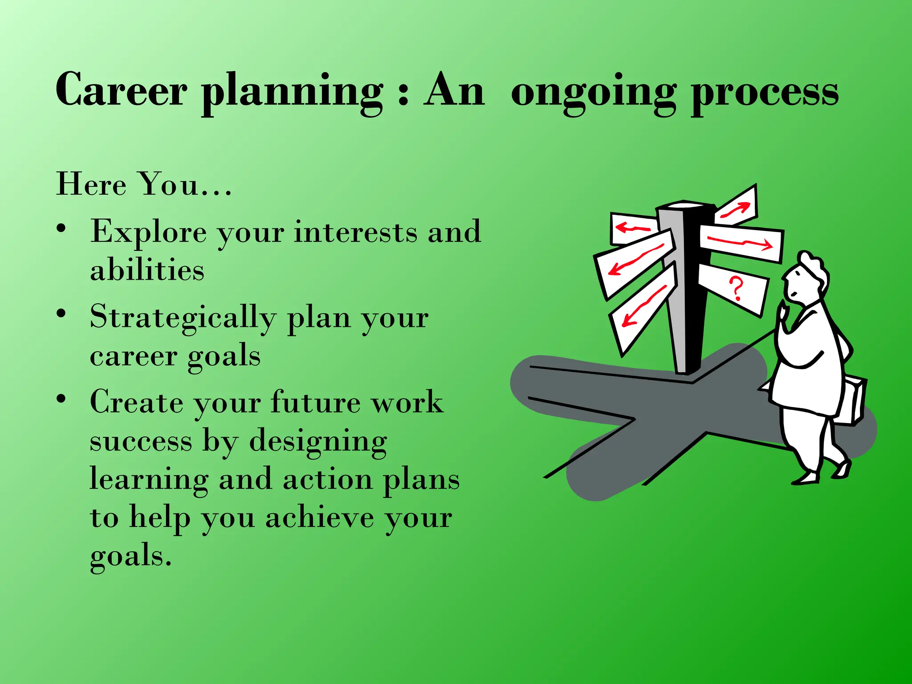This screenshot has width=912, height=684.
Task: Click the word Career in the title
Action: (121, 90)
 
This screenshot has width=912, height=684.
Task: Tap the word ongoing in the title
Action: (593, 94)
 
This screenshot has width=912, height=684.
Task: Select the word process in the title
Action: (764, 94)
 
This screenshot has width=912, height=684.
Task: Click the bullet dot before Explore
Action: (61, 229)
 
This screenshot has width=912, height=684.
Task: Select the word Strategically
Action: (183, 319)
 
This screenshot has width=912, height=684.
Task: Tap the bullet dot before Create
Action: (61, 399)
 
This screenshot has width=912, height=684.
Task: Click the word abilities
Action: (147, 270)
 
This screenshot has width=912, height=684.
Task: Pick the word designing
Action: (318, 442)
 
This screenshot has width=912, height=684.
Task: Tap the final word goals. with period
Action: (130, 557)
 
